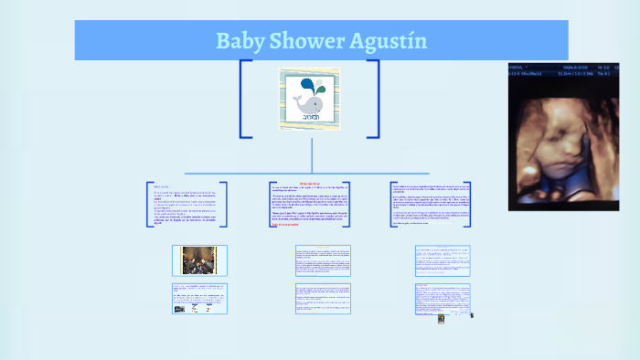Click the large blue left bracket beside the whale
pos(243,99)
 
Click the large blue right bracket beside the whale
pos(376,99)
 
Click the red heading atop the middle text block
pos(310,184)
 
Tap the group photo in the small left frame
pos(197,259)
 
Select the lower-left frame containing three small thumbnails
pos(199,299)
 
